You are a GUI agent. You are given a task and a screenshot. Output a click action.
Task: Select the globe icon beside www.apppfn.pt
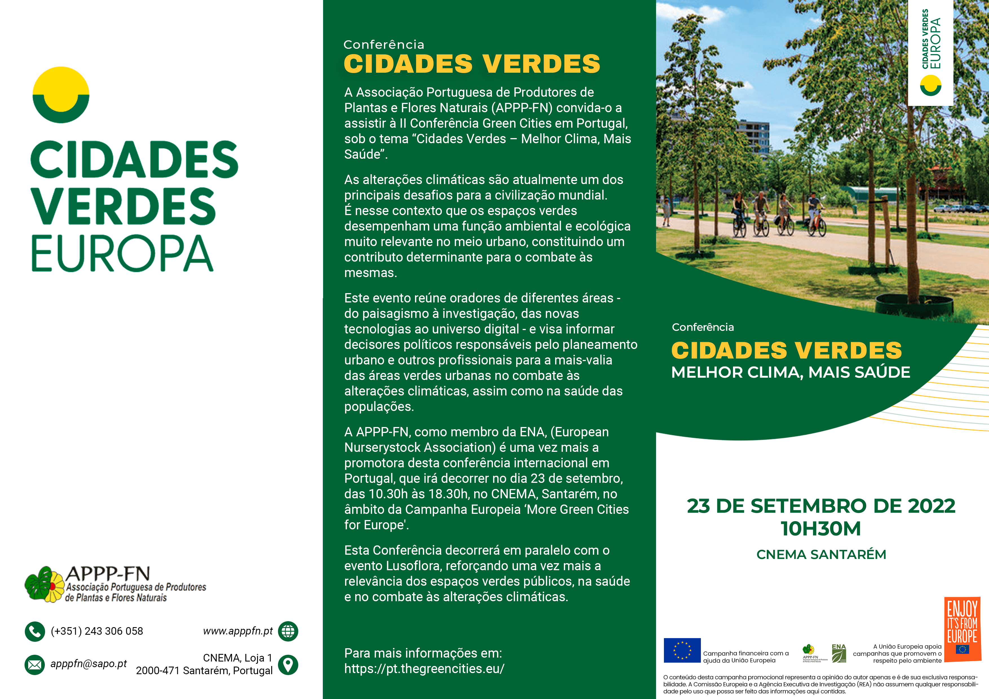click(x=288, y=631)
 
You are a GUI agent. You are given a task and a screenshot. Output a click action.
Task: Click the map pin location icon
click(x=288, y=665)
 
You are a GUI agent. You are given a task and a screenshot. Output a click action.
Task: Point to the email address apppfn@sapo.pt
click(x=88, y=664)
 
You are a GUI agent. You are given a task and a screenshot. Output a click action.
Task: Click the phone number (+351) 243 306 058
click(x=97, y=631)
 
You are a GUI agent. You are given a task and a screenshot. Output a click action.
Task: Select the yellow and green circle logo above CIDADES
click(x=61, y=95)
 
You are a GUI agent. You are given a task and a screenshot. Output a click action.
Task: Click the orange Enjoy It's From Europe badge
click(x=962, y=629)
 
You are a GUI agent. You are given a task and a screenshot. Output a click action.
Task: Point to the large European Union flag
click(x=682, y=650)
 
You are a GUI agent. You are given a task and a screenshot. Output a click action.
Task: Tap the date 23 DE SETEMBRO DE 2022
click(x=821, y=506)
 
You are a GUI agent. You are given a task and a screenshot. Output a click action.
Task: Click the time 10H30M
click(x=821, y=529)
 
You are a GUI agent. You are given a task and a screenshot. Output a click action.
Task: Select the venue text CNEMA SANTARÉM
click(x=821, y=555)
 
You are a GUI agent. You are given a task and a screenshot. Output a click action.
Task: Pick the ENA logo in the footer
click(x=839, y=653)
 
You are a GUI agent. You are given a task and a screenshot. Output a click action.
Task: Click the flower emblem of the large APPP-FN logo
click(x=44, y=585)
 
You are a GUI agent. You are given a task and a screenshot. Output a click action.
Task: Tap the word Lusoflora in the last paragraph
click(x=414, y=566)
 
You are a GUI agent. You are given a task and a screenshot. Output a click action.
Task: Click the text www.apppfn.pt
click(x=238, y=631)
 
